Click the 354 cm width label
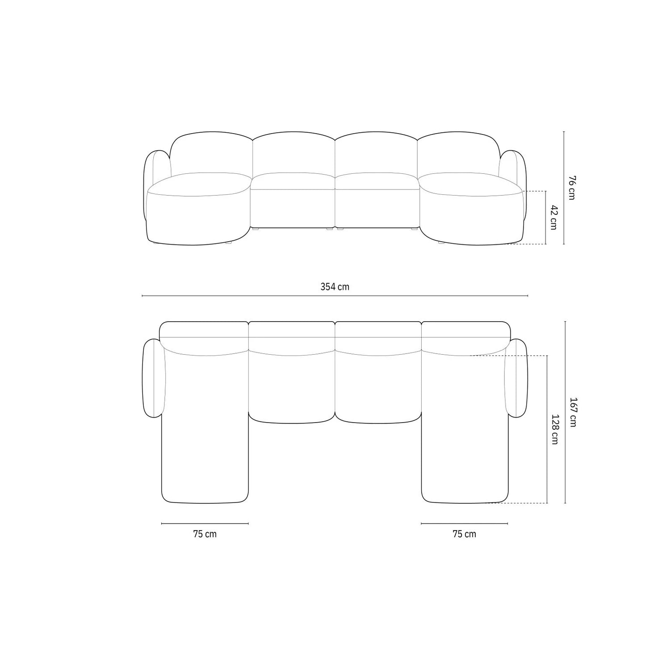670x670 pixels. (335, 287)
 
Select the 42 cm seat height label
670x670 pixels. (553, 217)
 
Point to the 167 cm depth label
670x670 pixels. (573, 412)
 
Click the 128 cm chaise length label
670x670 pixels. (554, 429)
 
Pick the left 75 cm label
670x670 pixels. (205, 534)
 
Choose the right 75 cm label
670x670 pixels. (465, 534)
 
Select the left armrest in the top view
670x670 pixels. (154, 378)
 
